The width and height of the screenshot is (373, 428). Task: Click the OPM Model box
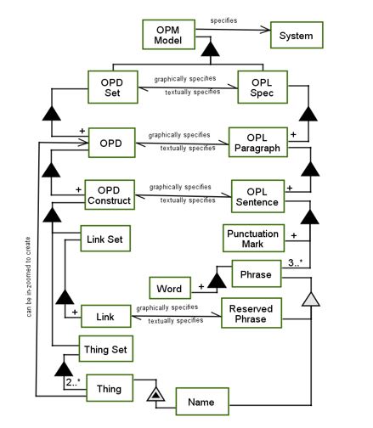[168, 35]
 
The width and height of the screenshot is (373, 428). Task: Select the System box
[297, 35]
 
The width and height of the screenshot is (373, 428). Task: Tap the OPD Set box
[113, 87]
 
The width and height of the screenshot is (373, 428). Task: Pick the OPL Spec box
[263, 87]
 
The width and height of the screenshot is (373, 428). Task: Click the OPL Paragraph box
[258, 143]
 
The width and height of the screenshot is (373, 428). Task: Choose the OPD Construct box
[110, 194]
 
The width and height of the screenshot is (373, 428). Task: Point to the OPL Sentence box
[257, 196]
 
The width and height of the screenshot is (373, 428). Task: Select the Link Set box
[105, 239]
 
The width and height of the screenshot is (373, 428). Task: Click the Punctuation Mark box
[253, 238]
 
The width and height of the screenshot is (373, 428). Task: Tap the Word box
[170, 288]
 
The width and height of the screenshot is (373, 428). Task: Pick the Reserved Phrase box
[251, 313]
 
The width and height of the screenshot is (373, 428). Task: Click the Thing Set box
[106, 349]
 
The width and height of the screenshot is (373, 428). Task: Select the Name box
[202, 402]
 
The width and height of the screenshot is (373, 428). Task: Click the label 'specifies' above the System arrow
[223, 20]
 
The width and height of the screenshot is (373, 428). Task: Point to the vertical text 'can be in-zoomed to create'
[28, 277]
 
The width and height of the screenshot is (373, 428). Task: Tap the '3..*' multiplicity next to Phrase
[295, 262]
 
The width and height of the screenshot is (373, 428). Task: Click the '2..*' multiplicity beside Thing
[73, 382]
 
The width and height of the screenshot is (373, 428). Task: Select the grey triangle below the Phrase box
[311, 299]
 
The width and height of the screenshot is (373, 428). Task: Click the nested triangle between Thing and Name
[155, 394]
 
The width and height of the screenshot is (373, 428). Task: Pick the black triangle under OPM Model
[210, 49]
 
